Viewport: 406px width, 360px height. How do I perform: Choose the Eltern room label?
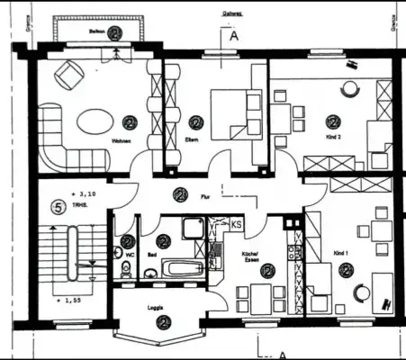192,140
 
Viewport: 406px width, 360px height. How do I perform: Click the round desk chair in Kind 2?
348,88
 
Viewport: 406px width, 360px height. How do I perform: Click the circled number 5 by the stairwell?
58,208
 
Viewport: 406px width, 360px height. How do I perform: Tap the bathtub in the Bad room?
184,267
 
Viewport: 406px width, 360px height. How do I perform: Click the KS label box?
237,223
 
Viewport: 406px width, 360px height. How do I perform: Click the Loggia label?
156,307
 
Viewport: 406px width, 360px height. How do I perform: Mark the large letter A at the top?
233,37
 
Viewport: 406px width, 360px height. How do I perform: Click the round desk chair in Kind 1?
361,293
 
